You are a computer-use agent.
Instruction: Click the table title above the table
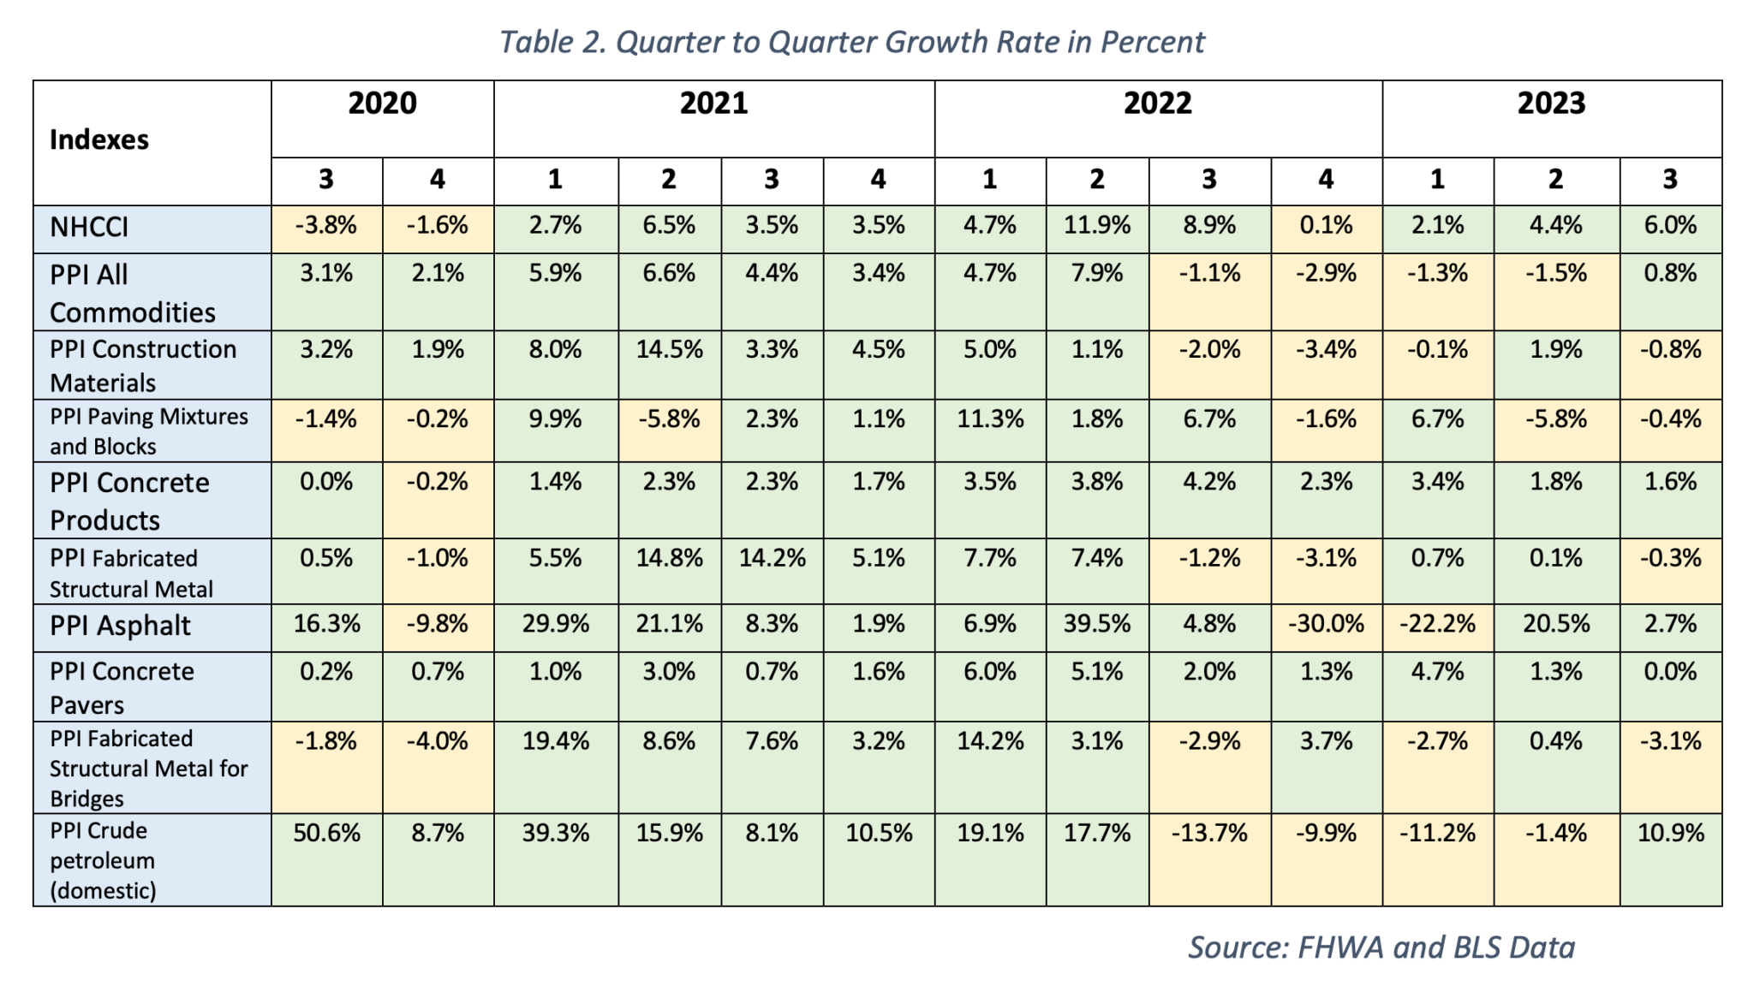pyautogui.click(x=851, y=42)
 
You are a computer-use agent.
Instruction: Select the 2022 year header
pyautogui.click(x=1157, y=104)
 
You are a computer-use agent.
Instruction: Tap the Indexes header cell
pyautogui.click(x=99, y=140)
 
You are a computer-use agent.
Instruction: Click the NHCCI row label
pyautogui.click(x=89, y=227)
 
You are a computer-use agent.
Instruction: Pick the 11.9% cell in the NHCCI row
pyautogui.click(x=1096, y=226)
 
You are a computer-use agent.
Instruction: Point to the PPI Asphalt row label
pyautogui.click(x=120, y=626)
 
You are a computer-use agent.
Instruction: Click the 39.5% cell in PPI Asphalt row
pyautogui.click(x=1096, y=624)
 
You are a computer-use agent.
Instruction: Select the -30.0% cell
pyautogui.click(x=1325, y=624)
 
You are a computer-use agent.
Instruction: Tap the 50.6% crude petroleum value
pyautogui.click(x=326, y=833)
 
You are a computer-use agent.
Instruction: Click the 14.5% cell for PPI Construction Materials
pyautogui.click(x=669, y=350)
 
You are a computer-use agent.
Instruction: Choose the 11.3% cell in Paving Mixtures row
pyautogui.click(x=989, y=419)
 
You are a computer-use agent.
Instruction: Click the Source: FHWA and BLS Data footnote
pyautogui.click(x=1381, y=947)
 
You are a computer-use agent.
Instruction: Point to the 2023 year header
pyautogui.click(x=1551, y=104)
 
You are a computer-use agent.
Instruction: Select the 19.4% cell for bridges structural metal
pyautogui.click(x=555, y=741)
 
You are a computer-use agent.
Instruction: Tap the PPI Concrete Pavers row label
pyautogui.click(x=122, y=687)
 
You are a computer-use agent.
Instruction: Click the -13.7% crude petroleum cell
pyautogui.click(x=1208, y=833)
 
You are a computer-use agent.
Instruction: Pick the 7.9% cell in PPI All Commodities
pyautogui.click(x=1096, y=274)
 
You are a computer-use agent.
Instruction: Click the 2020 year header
pyautogui.click(x=382, y=104)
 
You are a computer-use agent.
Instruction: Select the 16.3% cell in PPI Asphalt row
pyautogui.click(x=326, y=624)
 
